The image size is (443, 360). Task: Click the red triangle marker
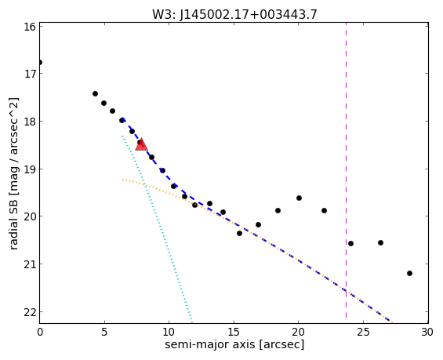(x=141, y=144)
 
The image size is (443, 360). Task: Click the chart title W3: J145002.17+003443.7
(x=234, y=14)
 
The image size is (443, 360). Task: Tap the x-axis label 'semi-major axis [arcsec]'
(x=234, y=344)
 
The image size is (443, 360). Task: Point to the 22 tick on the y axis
(x=29, y=311)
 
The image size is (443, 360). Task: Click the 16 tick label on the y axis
(x=29, y=27)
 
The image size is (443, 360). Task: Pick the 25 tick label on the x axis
(x=363, y=332)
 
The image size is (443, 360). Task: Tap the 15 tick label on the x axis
(x=234, y=332)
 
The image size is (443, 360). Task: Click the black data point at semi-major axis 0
(x=40, y=62)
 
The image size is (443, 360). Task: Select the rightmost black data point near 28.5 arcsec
(x=409, y=273)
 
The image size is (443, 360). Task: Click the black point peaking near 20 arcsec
(x=299, y=198)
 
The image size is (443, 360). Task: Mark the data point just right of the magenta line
(x=351, y=244)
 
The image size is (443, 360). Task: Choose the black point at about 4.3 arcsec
(x=95, y=93)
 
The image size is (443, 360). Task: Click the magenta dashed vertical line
(x=346, y=170)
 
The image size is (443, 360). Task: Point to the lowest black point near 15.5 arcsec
(x=240, y=234)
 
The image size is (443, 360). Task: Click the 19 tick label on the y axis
(x=29, y=169)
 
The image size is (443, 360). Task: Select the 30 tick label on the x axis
(x=427, y=332)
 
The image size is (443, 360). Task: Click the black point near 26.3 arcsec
(x=380, y=242)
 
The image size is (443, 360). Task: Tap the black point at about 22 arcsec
(x=324, y=210)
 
